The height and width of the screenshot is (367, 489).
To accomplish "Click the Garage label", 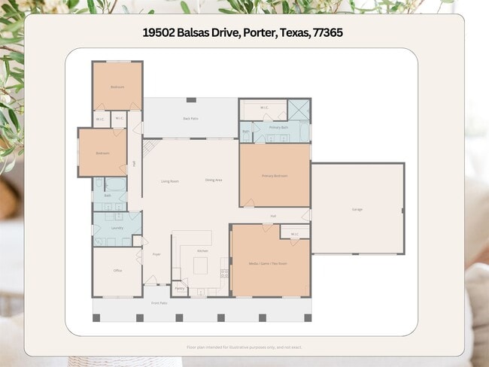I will [357, 209].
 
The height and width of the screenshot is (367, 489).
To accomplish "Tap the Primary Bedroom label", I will [275, 175].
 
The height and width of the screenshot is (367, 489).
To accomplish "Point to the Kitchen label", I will [202, 250].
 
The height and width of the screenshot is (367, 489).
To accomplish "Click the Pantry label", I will [180, 288].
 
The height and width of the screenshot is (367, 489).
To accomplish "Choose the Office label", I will [117, 270].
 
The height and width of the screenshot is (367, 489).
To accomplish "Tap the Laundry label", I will [117, 227].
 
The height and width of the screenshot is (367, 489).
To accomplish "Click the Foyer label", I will [156, 254].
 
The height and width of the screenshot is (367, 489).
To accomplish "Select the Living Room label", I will [169, 180].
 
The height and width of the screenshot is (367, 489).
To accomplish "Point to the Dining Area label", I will [214, 180].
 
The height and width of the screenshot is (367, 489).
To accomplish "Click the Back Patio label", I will [190, 118].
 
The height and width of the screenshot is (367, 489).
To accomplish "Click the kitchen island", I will [199, 265].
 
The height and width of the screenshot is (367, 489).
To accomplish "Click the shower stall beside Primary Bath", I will [299, 111].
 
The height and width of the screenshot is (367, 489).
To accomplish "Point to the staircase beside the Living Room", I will [148, 147].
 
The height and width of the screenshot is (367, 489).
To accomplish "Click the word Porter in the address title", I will [258, 34].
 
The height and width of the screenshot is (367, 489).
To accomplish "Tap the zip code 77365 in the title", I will [329, 34].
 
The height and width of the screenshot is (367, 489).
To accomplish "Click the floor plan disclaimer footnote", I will [244, 347].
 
